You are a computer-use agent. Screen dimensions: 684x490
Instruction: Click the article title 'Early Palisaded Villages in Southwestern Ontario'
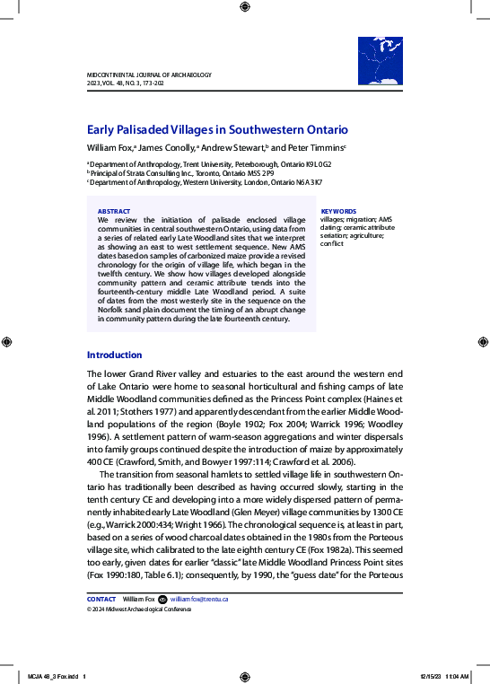point(217,129)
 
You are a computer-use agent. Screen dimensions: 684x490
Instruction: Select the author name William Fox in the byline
point(109,147)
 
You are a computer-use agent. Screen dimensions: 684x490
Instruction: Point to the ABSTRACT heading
point(113,211)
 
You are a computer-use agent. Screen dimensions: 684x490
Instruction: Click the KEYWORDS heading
point(338,211)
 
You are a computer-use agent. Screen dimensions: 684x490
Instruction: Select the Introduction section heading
point(114,355)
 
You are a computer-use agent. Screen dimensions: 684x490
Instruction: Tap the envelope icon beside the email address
point(162,599)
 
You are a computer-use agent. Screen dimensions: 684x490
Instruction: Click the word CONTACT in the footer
point(101,599)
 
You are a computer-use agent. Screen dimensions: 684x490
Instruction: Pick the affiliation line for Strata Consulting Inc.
point(180,173)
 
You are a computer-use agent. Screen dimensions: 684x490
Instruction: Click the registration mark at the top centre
point(245,8)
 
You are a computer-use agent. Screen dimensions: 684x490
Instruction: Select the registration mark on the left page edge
point(8,342)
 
